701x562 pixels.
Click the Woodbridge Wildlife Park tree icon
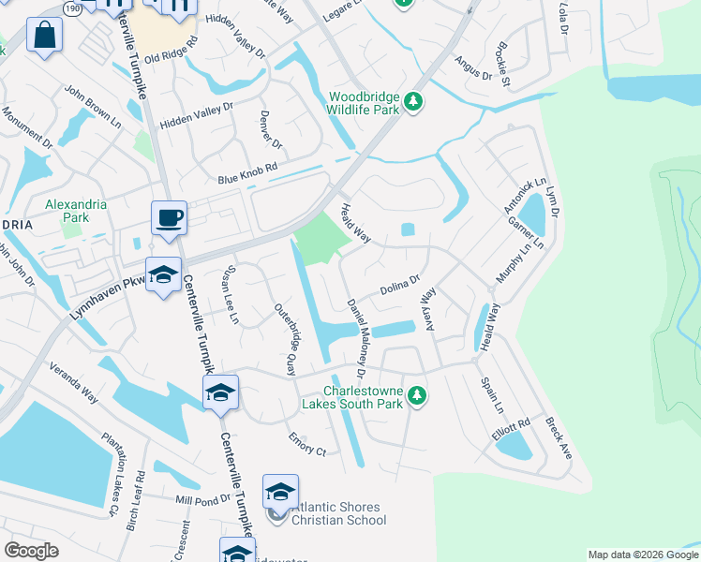pos(413,101)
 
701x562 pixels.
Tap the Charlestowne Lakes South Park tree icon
pos(417,397)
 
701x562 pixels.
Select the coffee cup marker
pos(169,218)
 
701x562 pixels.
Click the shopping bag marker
pos(44,37)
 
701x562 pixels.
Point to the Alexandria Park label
pos(76,211)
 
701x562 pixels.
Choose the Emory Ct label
pos(307,444)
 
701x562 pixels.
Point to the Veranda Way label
pos(74,382)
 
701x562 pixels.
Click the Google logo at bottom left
pos(32,551)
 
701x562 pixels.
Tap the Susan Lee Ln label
pos(227,295)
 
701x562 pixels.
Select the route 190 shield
pos(72,7)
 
